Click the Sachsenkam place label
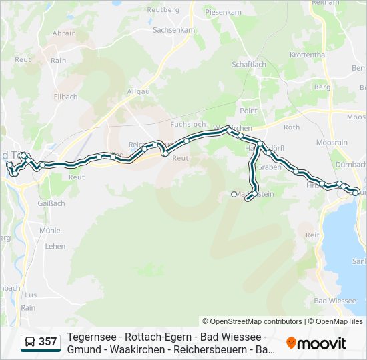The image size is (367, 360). point(173,30)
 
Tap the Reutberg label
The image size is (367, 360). point(163,10)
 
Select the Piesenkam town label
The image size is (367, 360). point(223,12)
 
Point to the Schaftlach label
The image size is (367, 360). point(248,64)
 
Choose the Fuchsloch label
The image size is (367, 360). point(188,125)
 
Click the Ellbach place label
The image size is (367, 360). point(65,97)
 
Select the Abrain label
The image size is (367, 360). point(64,33)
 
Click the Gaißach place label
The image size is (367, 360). point(51,203)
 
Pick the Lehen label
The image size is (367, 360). point(55,246)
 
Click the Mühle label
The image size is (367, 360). point(49,230)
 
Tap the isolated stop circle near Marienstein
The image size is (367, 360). point(234,194)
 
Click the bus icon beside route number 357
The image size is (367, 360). point(30,342)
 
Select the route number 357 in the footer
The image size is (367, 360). point(47,342)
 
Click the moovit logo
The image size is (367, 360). point(316,343)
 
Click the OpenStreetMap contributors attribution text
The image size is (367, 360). point(252,321)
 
